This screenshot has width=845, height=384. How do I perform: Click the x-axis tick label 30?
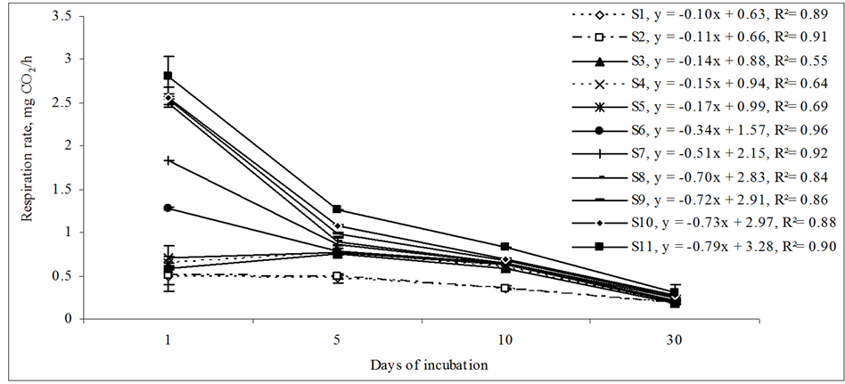(675, 340)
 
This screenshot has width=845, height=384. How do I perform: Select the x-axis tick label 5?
(337, 340)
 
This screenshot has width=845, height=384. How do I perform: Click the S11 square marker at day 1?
(168, 76)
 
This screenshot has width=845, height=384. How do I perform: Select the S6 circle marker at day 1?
(168, 208)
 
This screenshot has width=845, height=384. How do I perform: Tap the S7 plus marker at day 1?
(168, 160)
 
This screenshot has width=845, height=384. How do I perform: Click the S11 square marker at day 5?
(337, 209)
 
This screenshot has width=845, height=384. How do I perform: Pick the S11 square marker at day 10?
(505, 247)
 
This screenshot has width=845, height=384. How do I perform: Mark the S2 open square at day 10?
(505, 288)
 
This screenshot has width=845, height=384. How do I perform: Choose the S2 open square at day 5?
(337, 276)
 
